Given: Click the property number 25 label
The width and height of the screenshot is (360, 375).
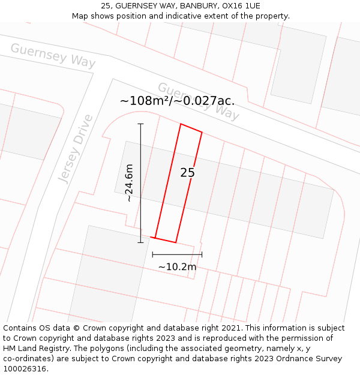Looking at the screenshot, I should point(187,173).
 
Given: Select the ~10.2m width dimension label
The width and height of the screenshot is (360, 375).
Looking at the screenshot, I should point(177,266).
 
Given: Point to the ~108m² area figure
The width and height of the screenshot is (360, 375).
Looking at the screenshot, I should point(145,101).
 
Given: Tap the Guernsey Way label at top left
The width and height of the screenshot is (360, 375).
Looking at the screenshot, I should point(53,55).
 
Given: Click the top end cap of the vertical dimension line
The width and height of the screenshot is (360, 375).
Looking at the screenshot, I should point(140,124).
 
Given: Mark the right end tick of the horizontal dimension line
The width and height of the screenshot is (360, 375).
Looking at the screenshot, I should point(202,254).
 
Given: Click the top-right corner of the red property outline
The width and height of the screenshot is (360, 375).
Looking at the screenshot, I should point(202,132).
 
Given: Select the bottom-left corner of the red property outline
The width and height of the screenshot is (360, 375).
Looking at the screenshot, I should point(155,238).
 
